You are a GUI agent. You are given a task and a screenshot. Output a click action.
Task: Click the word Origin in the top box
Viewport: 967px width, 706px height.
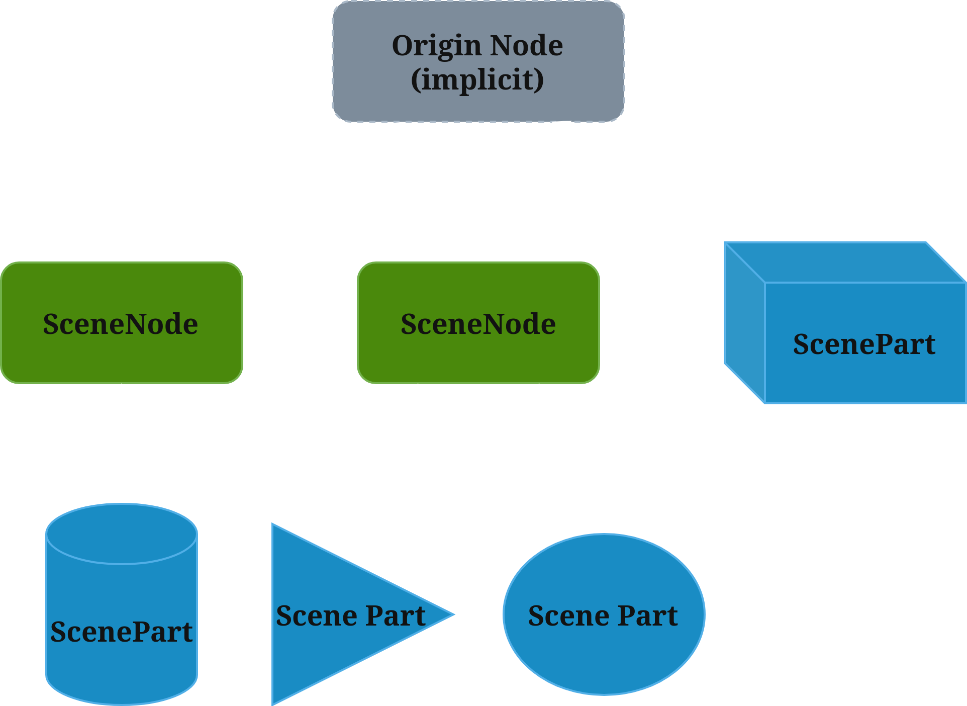coord(436,46)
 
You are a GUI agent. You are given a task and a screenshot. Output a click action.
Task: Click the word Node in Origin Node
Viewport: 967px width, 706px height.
coord(526,46)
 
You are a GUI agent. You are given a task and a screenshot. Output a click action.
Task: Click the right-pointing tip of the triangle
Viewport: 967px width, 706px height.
coord(450,614)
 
